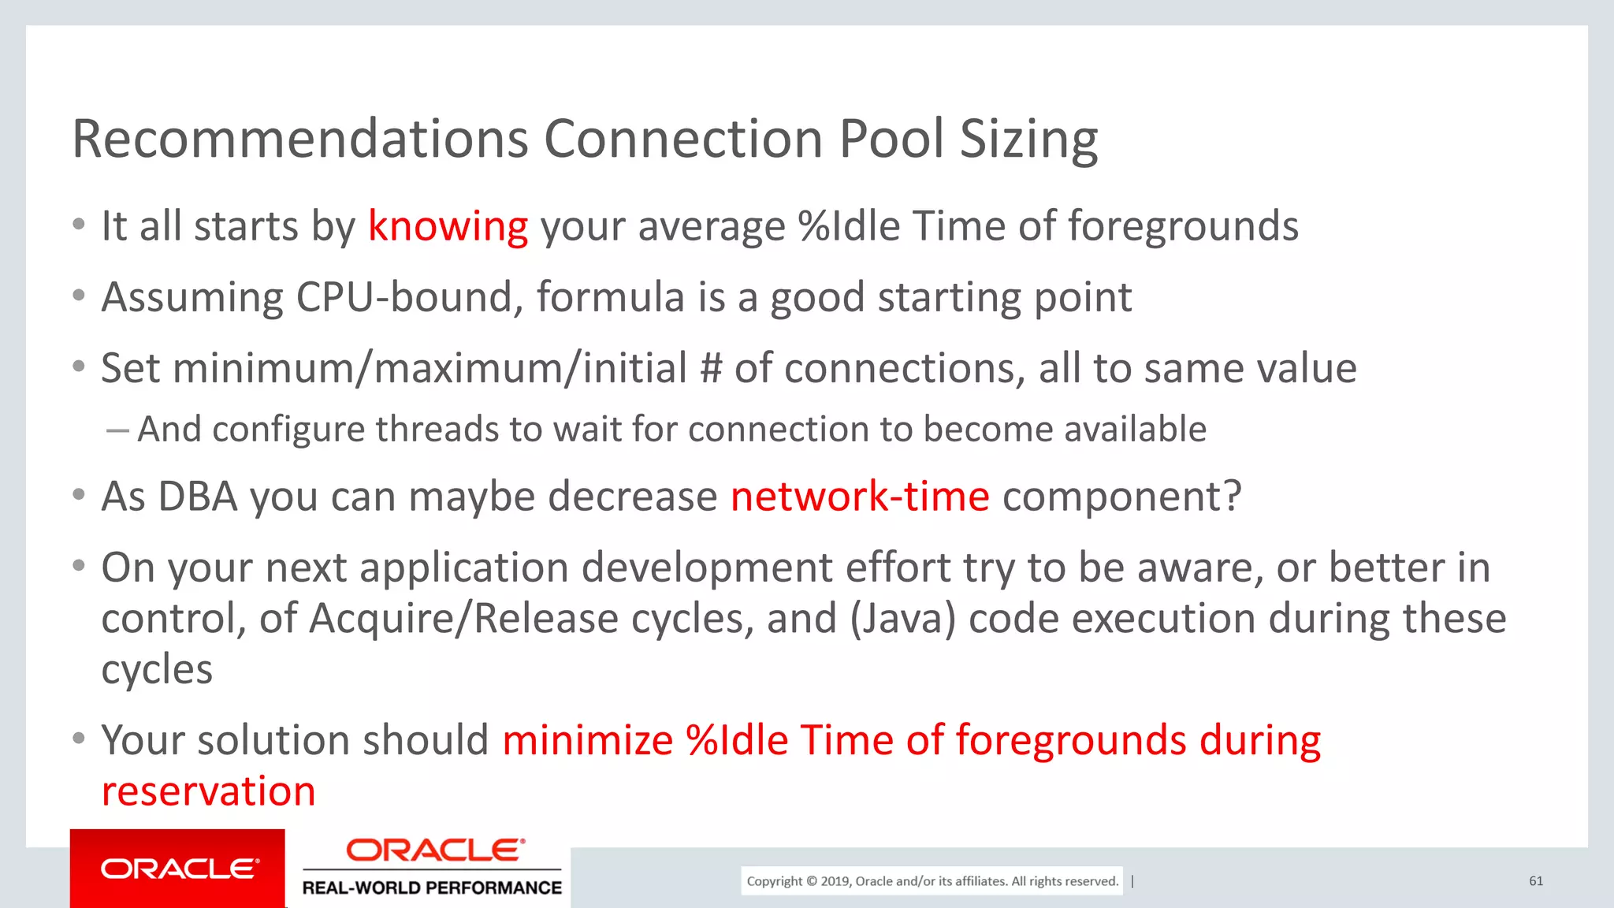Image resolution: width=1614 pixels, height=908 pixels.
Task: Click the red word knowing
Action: coord(448,227)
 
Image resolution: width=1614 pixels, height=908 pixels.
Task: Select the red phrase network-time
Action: coord(859,497)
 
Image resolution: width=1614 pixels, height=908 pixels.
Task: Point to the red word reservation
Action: coord(209,791)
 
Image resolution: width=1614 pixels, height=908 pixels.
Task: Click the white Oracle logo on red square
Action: coord(178,869)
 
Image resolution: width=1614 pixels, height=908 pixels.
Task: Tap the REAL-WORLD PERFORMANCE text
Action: coord(432,888)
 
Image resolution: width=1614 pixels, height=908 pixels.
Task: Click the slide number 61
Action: coord(1536,881)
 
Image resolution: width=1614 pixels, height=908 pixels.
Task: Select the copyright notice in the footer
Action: coord(932,881)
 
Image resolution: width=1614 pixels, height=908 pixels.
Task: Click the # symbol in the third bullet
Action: coord(710,369)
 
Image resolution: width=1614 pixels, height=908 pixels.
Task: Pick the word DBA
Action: coord(198,497)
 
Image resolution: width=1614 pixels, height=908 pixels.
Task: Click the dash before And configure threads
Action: coord(117,430)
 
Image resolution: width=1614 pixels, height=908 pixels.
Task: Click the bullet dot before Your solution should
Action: coord(78,739)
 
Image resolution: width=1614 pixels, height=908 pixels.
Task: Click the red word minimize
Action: coord(587,741)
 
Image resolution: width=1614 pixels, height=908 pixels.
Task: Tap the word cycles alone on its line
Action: coord(157,670)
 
